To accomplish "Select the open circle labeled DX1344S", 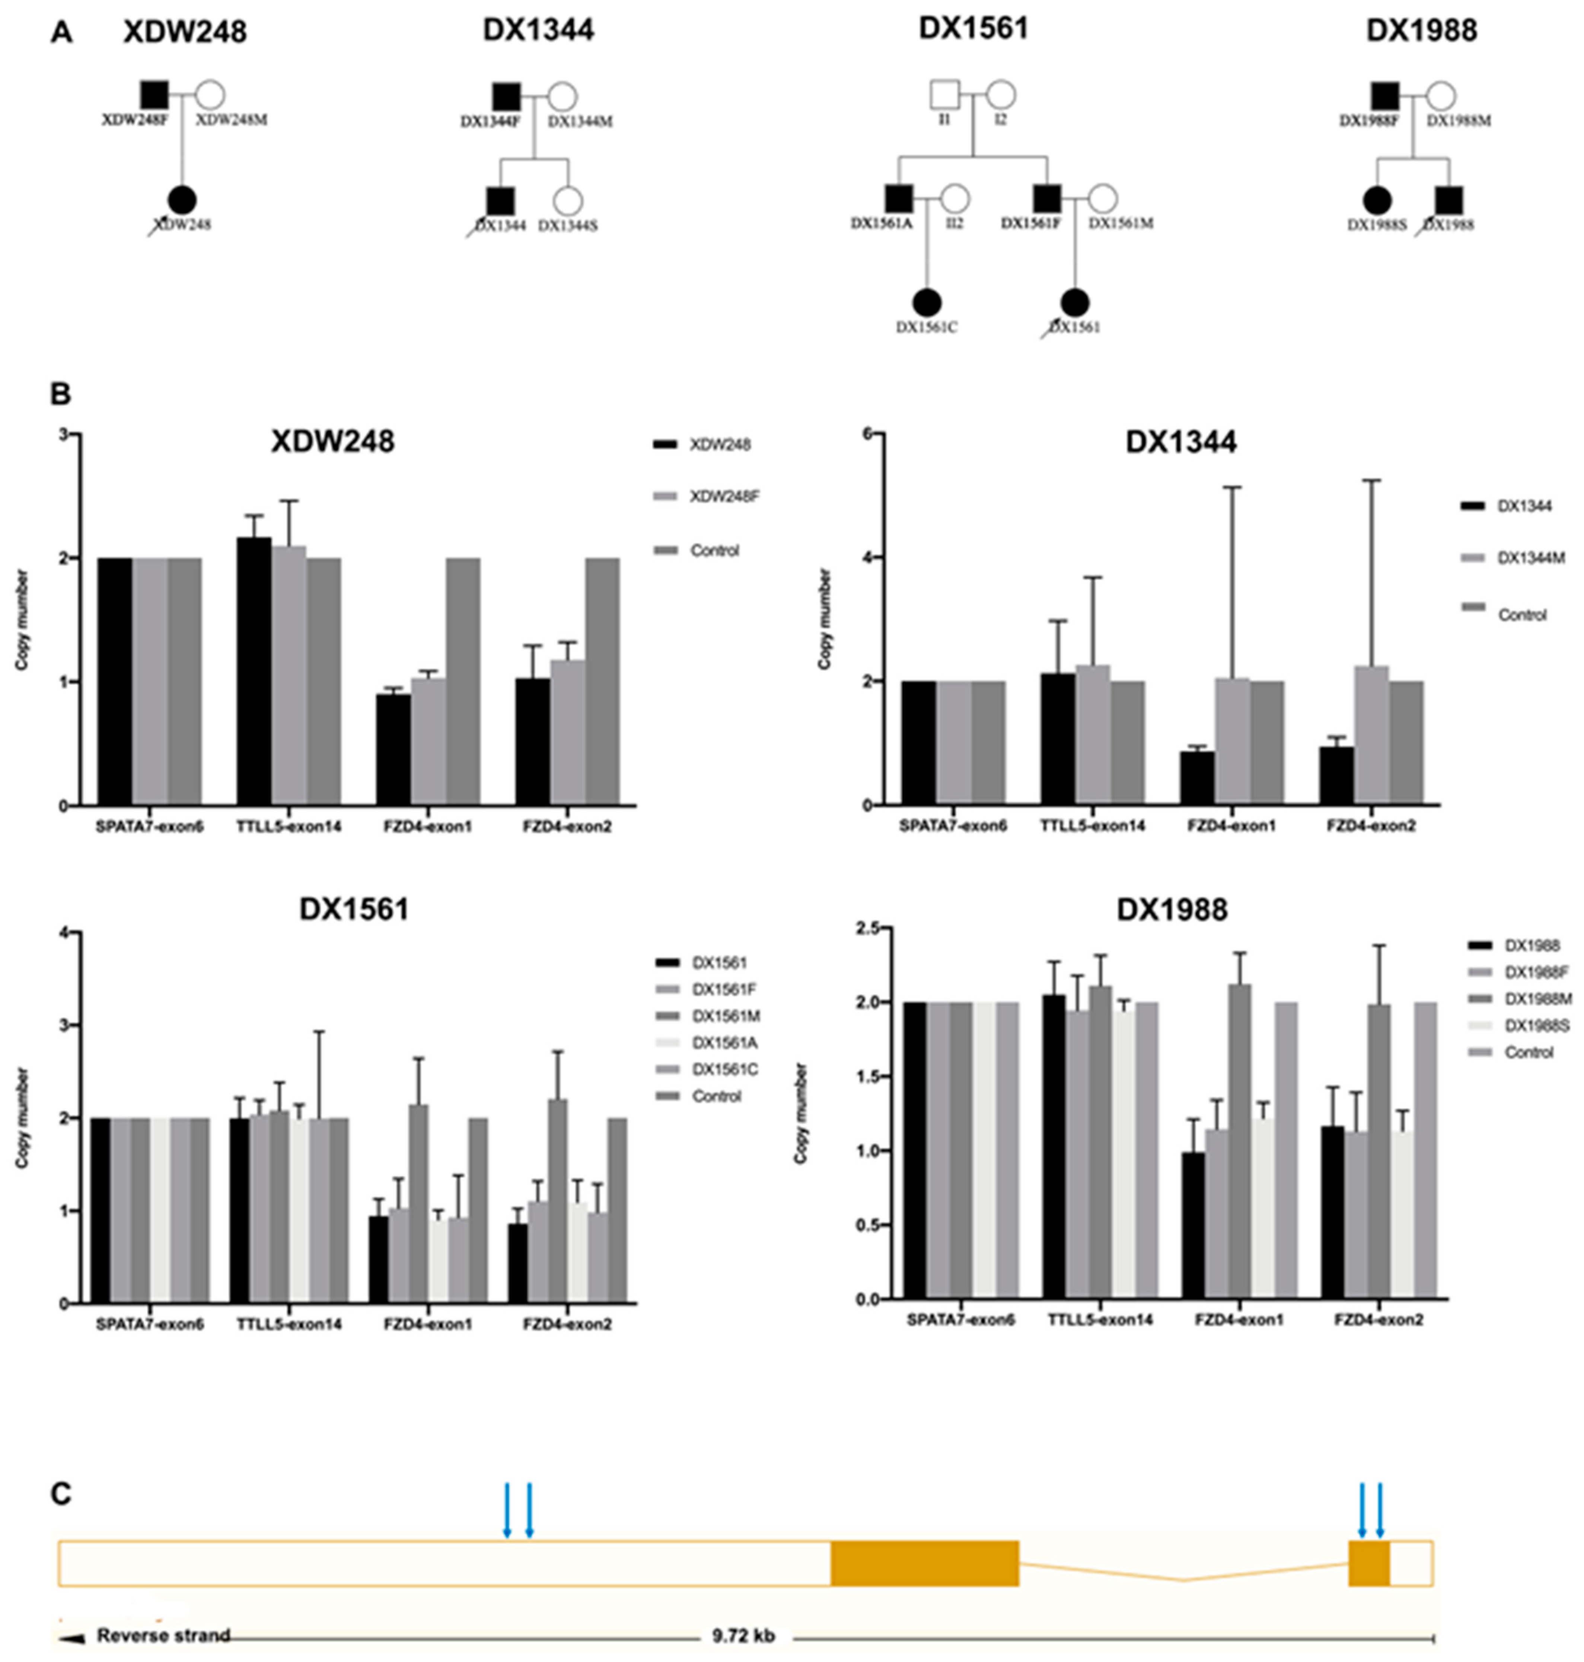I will pos(568,201).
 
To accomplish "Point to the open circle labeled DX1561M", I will pos(1103,199).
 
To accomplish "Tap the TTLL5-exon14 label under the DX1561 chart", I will pos(289,1324).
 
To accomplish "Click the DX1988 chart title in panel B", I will pos(1172,910).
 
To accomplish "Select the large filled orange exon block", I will pos(925,1563).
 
